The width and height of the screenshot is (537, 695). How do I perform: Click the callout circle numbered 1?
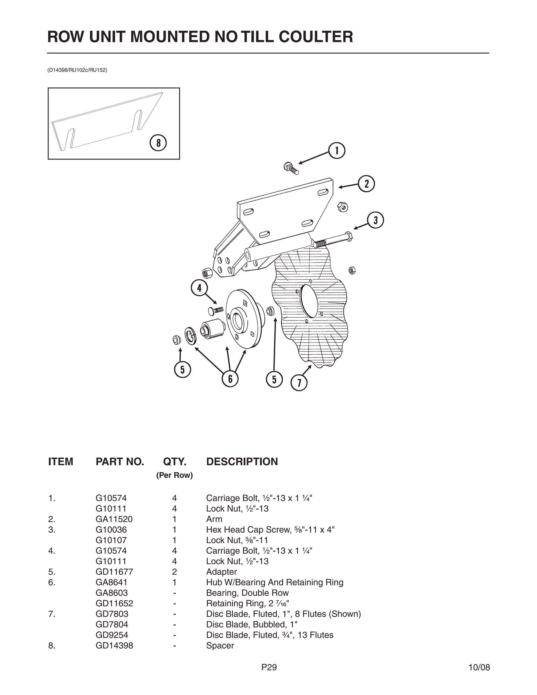[x=337, y=151]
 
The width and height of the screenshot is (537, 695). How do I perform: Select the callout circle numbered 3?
[x=375, y=220]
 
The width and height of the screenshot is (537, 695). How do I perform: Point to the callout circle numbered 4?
[x=199, y=288]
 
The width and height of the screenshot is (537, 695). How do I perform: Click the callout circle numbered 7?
[x=299, y=383]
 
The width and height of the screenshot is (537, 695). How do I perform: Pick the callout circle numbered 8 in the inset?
[x=158, y=143]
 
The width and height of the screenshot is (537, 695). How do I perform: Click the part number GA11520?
[x=114, y=519]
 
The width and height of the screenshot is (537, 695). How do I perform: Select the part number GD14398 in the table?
[x=114, y=645]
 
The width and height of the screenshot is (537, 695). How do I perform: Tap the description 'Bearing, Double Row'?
[x=247, y=593]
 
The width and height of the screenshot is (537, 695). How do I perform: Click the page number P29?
[x=269, y=667]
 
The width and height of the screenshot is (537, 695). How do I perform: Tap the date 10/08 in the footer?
[x=479, y=667]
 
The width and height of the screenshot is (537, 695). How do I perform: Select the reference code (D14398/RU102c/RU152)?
[x=77, y=70]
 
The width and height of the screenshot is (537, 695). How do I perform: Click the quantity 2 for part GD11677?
[x=174, y=572]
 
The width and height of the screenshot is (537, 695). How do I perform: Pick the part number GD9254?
[x=112, y=635]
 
